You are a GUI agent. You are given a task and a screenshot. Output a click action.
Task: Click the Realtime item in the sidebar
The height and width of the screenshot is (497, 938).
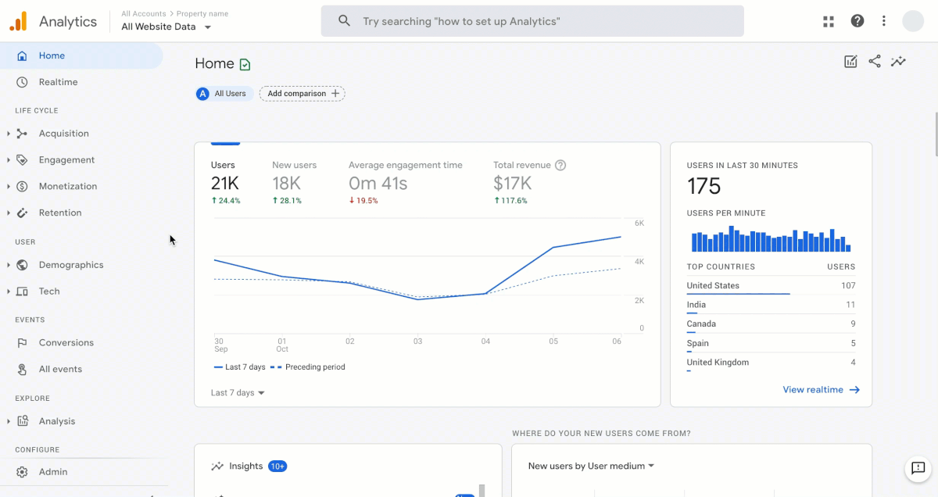pos(58,82)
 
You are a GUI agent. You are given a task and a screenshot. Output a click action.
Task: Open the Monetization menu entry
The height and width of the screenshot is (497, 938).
pos(68,186)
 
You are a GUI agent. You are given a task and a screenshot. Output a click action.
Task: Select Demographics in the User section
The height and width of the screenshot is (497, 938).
pos(71,265)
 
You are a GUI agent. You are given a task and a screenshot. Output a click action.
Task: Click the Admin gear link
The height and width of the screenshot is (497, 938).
pos(52,472)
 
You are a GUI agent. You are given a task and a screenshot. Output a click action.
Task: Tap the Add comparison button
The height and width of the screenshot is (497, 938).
pos(303,94)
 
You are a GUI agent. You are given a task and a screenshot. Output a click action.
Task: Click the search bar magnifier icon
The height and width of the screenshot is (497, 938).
pos(344,21)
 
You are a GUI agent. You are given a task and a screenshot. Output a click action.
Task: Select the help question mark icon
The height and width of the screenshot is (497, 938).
pos(857,21)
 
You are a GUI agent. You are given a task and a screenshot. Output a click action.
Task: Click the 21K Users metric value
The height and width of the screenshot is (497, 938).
pos(225,184)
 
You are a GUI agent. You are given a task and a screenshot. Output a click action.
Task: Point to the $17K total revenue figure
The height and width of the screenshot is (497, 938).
pos(513,184)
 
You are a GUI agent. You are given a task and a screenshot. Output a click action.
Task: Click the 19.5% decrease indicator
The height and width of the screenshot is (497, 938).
pos(363,201)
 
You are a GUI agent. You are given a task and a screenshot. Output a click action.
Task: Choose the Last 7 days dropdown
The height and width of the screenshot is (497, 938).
pos(238,393)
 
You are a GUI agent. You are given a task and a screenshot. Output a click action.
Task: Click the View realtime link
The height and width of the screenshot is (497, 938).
pos(821,390)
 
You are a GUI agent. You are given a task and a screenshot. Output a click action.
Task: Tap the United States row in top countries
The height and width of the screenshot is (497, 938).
pos(713,286)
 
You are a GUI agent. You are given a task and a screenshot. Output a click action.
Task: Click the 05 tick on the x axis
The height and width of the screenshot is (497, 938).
pos(553,341)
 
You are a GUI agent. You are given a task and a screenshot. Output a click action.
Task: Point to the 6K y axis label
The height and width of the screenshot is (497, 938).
pos(639,223)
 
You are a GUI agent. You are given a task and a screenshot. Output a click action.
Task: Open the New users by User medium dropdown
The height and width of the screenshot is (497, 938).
pos(591,467)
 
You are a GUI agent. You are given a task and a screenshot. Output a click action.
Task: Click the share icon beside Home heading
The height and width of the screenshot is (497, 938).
pos(875,62)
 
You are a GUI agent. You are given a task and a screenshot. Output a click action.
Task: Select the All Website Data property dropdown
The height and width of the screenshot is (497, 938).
pos(166,27)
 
